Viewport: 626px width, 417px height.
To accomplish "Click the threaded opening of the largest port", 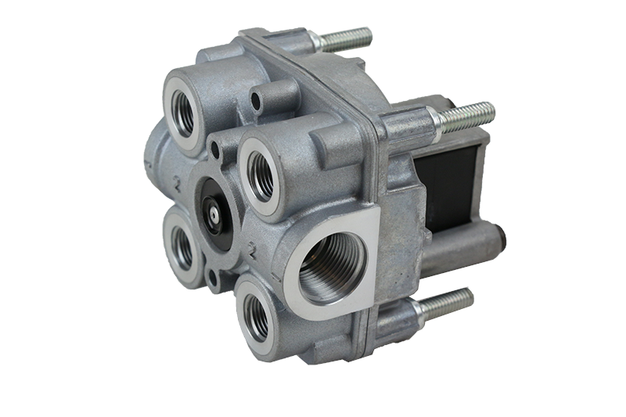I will coord(329,271).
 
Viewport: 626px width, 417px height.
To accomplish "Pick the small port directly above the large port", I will coord(261,174).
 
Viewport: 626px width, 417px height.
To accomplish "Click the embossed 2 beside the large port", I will coord(253,250).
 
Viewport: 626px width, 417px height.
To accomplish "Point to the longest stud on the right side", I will coord(466,117).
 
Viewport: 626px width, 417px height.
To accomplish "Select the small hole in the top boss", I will coord(256,100).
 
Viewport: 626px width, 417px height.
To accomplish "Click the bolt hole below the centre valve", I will coord(210,276).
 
